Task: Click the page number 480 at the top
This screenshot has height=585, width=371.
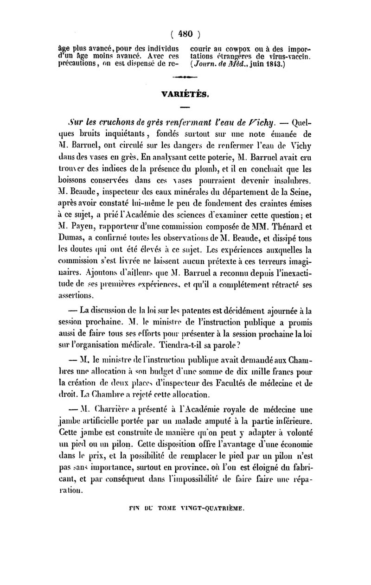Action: pyautogui.click(x=185, y=33)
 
